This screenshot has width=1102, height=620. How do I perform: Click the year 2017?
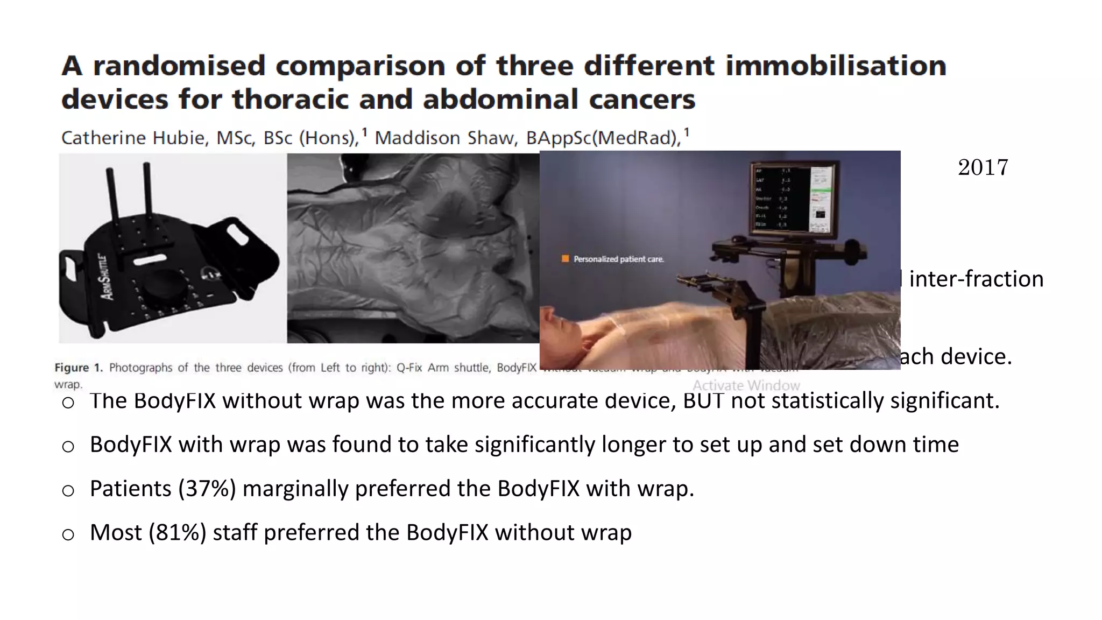(x=983, y=167)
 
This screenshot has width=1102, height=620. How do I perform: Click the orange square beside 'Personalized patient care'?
(x=565, y=259)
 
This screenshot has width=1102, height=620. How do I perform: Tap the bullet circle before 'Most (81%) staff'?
(x=68, y=534)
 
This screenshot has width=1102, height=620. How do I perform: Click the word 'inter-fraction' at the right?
(x=976, y=279)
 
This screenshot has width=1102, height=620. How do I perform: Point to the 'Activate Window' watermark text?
(x=746, y=385)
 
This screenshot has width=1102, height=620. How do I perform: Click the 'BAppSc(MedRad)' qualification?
(x=603, y=138)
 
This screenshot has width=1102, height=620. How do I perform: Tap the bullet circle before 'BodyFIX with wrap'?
(x=68, y=446)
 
